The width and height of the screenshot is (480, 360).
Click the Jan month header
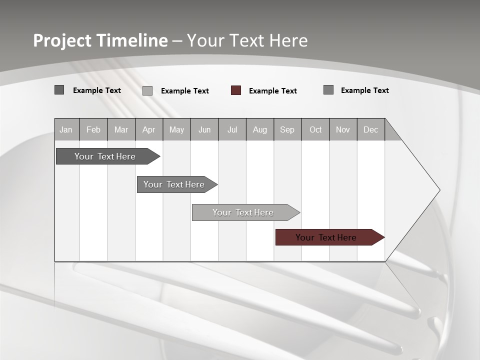point(66,129)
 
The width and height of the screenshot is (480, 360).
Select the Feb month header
point(93,129)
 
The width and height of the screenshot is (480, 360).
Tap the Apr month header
point(148,129)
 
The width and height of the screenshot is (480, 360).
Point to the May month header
point(176,129)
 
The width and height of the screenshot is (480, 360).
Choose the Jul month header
point(232,129)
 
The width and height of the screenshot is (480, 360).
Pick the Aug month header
point(260,129)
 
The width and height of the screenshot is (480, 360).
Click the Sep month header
point(287,129)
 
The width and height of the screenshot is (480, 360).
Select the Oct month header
point(315,129)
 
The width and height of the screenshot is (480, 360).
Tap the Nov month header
point(343,129)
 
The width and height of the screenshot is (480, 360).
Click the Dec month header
point(370,129)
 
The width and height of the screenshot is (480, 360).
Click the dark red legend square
point(236,90)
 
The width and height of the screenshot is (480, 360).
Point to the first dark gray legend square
point(59,90)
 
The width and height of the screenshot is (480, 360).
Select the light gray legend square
point(147,90)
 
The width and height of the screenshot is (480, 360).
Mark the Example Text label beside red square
point(273,91)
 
